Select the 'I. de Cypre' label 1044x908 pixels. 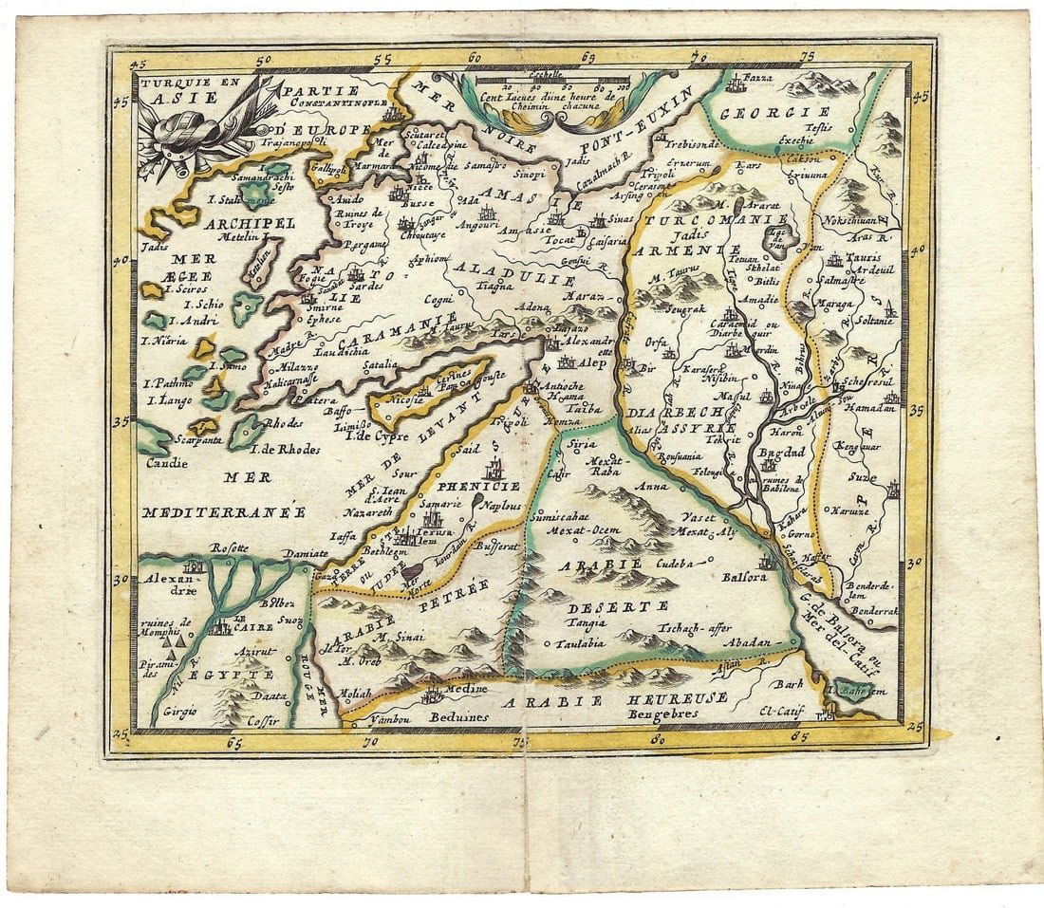click(377, 436)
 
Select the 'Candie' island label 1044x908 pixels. click(166, 463)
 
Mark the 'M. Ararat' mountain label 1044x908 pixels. click(750, 204)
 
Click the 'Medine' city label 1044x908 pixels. click(464, 689)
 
